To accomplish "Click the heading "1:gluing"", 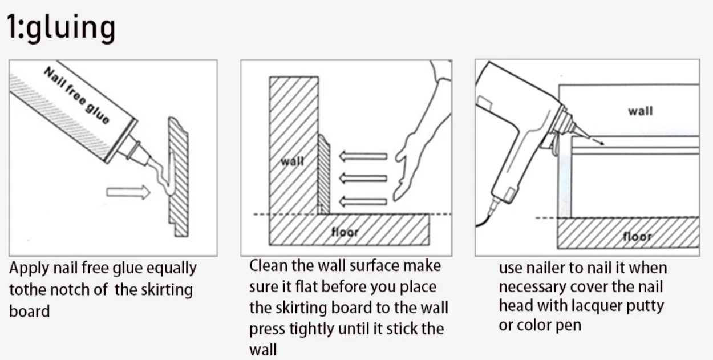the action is click(x=61, y=27).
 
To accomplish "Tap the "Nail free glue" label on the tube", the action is click(x=76, y=95).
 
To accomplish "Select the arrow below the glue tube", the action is click(x=128, y=192).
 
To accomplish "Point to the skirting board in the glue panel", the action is click(x=179, y=177).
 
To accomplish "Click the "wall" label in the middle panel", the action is click(x=292, y=161).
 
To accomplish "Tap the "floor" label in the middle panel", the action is click(x=345, y=232).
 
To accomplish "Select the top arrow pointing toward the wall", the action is click(x=363, y=156).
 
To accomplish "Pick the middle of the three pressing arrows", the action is click(x=363, y=178).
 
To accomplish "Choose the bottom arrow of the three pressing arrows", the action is click(x=363, y=201).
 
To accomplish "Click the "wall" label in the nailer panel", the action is click(x=640, y=111).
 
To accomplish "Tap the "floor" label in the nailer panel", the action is click(x=637, y=237).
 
